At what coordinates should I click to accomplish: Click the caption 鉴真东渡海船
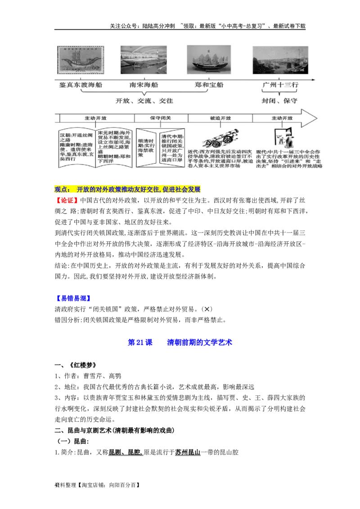[81, 85]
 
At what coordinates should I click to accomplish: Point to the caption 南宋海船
[144, 85]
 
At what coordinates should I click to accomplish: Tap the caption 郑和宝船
[209, 85]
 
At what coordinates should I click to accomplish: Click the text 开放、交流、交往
[144, 101]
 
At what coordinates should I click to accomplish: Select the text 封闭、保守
[279, 101]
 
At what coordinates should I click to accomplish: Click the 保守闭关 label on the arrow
[162, 118]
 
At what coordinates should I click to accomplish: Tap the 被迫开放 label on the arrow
[220, 118]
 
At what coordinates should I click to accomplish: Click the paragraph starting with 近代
[220, 159]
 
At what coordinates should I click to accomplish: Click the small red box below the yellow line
[67, 201]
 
